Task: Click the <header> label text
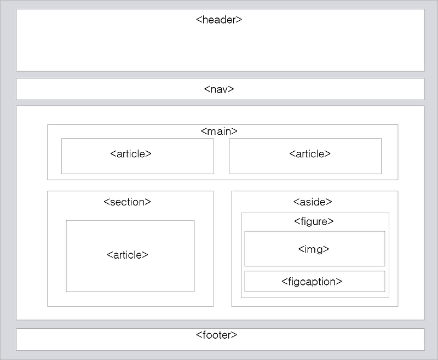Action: (219, 20)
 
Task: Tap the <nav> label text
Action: (219, 89)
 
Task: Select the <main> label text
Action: (219, 132)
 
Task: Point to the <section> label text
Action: (127, 202)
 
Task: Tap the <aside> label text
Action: (313, 202)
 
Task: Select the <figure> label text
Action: (314, 221)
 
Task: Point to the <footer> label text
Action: (217, 335)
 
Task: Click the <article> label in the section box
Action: (128, 255)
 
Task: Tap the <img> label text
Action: (314, 249)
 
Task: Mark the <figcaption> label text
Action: (312, 282)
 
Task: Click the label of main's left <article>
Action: (131, 153)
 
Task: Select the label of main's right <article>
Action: (310, 153)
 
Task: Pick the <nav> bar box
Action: (109, 89)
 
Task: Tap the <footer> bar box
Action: (109, 340)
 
